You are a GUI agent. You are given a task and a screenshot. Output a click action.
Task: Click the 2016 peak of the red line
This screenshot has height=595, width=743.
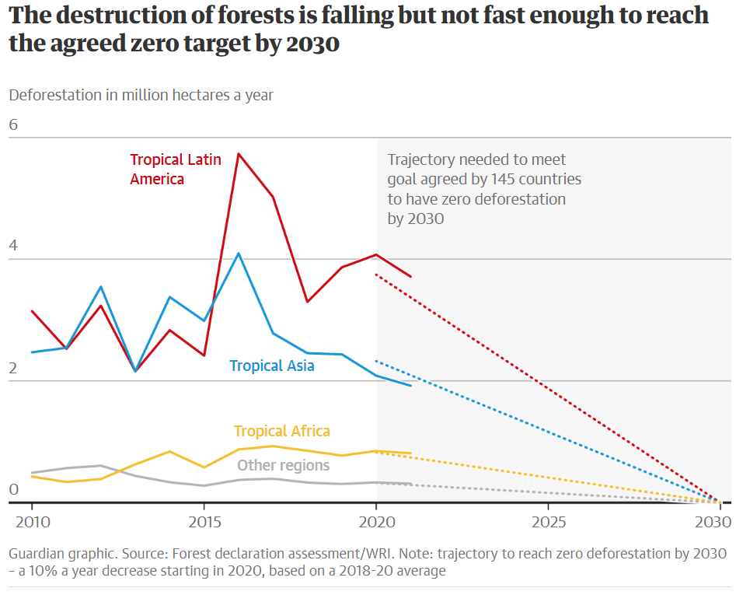[239, 153]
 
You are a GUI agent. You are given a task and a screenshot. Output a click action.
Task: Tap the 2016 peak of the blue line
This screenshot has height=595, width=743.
[239, 254]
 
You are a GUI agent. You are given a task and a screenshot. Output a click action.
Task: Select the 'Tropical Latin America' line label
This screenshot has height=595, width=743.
[176, 169]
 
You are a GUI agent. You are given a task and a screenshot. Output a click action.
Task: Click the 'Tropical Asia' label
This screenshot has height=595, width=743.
[272, 366]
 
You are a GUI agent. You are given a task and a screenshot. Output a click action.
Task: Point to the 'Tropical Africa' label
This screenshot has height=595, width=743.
[282, 431]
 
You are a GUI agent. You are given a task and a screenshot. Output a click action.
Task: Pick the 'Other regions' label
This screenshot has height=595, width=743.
[283, 465]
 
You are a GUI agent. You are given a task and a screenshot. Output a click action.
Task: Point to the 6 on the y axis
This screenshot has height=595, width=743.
[13, 125]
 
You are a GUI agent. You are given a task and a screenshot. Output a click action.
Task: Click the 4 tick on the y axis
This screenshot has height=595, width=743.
[13, 246]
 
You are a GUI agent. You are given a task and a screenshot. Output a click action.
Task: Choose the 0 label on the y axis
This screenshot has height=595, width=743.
[13, 489]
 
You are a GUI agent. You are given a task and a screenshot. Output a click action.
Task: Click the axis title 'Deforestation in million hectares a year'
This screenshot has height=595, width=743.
[141, 95]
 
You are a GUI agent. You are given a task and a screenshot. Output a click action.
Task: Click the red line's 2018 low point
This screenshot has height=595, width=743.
[308, 302]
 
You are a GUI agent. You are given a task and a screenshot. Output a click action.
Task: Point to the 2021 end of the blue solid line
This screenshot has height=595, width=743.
[410, 386]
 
